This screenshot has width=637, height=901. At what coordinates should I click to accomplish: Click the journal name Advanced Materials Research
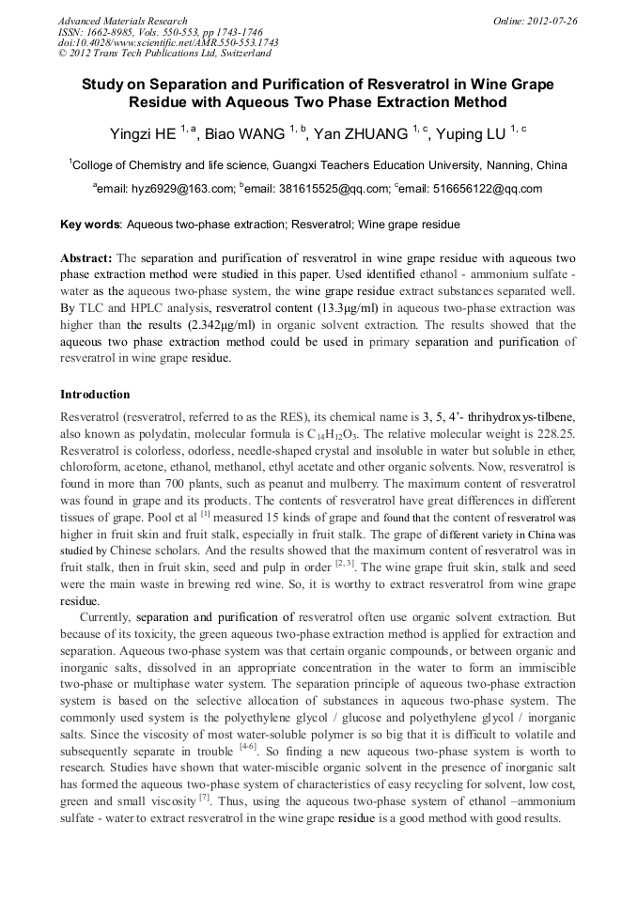[122, 21]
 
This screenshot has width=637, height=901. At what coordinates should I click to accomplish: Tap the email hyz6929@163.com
[166, 189]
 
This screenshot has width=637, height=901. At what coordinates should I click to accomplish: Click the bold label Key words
[90, 225]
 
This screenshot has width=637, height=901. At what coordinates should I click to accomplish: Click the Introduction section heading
[95, 394]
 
